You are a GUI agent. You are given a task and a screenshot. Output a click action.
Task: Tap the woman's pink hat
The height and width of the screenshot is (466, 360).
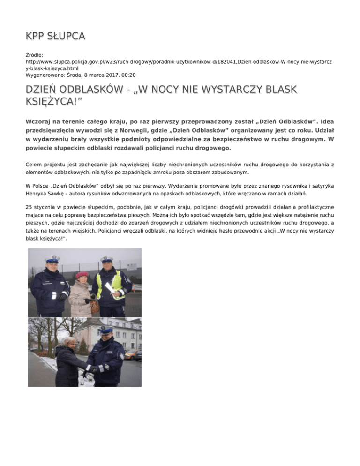[82, 275]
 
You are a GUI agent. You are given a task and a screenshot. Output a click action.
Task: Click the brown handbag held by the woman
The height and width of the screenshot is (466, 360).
[95, 306]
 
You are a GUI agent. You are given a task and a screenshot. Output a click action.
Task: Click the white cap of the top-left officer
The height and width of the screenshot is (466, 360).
[51, 258]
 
